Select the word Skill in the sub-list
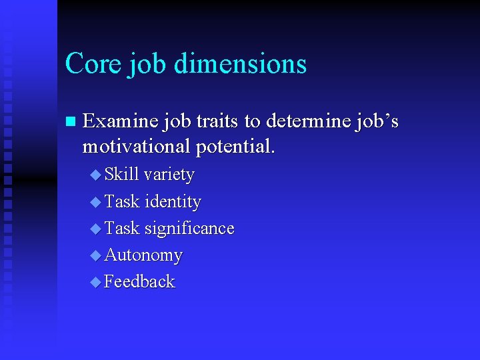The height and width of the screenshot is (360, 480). click(x=122, y=175)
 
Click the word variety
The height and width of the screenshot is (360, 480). click(x=169, y=175)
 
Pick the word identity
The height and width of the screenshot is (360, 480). click(x=173, y=202)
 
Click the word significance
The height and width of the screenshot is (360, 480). click(x=189, y=229)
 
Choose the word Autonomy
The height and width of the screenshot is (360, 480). click(x=143, y=255)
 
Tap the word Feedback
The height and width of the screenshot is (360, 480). click(x=139, y=281)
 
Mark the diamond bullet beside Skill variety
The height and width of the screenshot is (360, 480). click(x=95, y=175)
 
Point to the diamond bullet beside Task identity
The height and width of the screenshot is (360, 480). click(x=95, y=202)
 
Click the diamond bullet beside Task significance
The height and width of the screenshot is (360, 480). click(x=95, y=229)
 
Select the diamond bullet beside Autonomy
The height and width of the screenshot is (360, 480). click(x=95, y=255)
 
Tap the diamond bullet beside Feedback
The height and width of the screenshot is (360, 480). click(x=95, y=282)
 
